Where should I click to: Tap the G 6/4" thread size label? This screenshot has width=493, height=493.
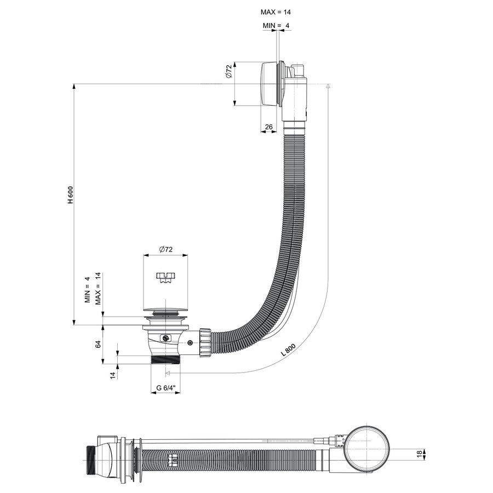166,388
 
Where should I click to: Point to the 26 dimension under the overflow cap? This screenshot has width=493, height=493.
268,127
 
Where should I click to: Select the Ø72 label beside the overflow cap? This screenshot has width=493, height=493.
230,72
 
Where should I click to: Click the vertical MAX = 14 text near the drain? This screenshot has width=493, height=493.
98,289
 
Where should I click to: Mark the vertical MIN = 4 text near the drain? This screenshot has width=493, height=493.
87,290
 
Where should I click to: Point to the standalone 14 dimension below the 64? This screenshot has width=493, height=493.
112,375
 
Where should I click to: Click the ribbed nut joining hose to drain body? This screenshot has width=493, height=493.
205,343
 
